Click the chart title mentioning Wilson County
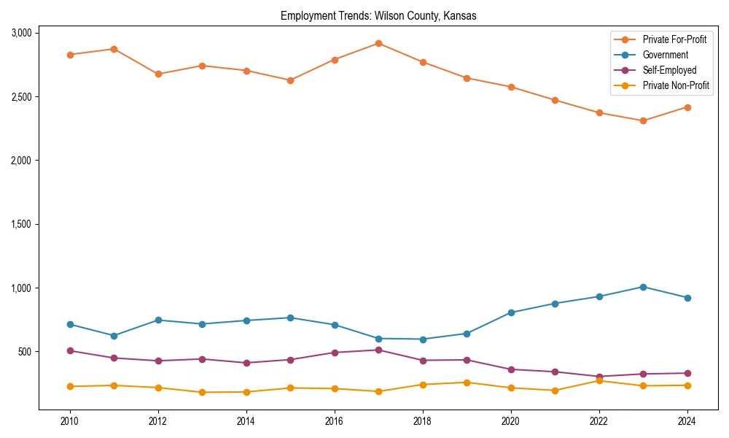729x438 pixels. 378,16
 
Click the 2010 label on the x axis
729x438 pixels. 70,421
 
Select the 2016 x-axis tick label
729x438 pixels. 334,421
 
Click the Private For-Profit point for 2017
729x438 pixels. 378,43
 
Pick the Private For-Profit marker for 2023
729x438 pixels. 643,120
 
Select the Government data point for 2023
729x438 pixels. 643,287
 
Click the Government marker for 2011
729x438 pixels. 114,336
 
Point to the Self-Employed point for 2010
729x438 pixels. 70,350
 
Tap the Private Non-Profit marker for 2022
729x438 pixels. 599,380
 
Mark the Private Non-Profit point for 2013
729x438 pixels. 202,392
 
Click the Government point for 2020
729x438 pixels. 511,312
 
